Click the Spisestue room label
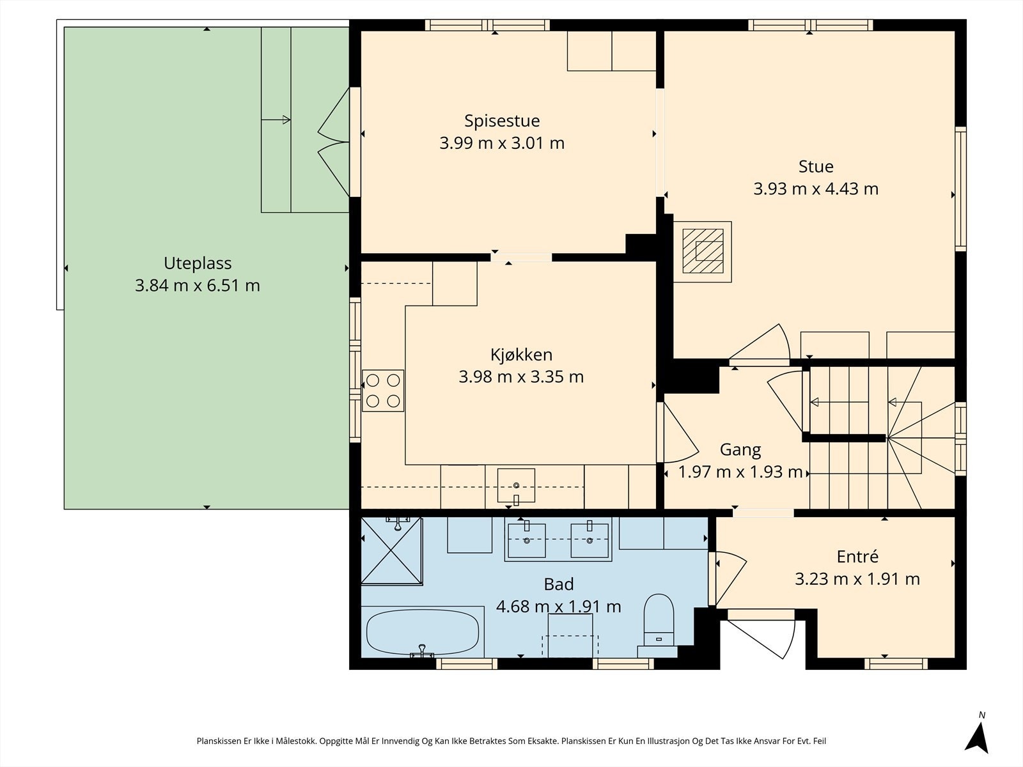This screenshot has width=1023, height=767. coord(502,121)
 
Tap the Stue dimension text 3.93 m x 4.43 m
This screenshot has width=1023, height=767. coord(816,189)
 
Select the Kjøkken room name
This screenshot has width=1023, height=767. coord(521,355)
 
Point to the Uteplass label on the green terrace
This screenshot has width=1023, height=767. coord(198,263)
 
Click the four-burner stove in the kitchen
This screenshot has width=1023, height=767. coord(382,391)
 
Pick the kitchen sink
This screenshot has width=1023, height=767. coord(516,486)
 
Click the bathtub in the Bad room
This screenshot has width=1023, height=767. coord(422,631)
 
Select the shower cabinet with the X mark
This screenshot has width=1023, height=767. coord(392,550)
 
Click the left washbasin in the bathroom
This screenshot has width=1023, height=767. coord(527,540)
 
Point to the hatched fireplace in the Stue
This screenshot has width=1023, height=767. coord(702,251)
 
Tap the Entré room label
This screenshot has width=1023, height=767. coord(857,557)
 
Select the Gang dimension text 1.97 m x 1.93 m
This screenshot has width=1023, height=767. coord(740,472)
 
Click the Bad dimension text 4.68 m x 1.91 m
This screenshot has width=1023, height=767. coord(558,607)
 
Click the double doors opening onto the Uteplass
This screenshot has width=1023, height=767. coord(334,142)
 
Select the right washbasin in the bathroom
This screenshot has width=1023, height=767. coord(590,540)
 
